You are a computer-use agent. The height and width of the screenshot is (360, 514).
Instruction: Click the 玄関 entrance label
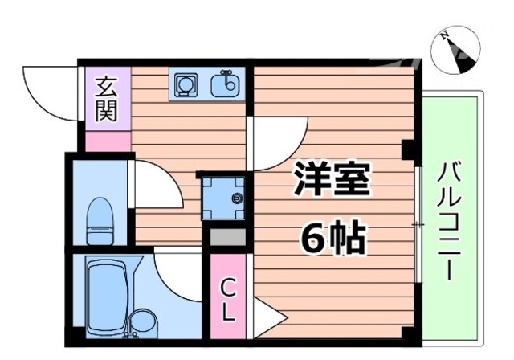105,99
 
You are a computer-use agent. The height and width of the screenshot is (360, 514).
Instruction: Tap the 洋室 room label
331,182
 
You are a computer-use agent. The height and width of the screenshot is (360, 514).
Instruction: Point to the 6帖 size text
332,236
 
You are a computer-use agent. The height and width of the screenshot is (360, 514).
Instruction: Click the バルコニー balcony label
451,221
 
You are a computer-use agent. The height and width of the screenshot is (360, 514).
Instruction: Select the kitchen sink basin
226,84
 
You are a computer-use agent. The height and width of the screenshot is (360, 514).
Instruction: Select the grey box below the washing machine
225,237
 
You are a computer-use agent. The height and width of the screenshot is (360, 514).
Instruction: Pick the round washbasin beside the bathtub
141,321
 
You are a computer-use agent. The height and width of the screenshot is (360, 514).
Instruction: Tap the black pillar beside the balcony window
408,149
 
